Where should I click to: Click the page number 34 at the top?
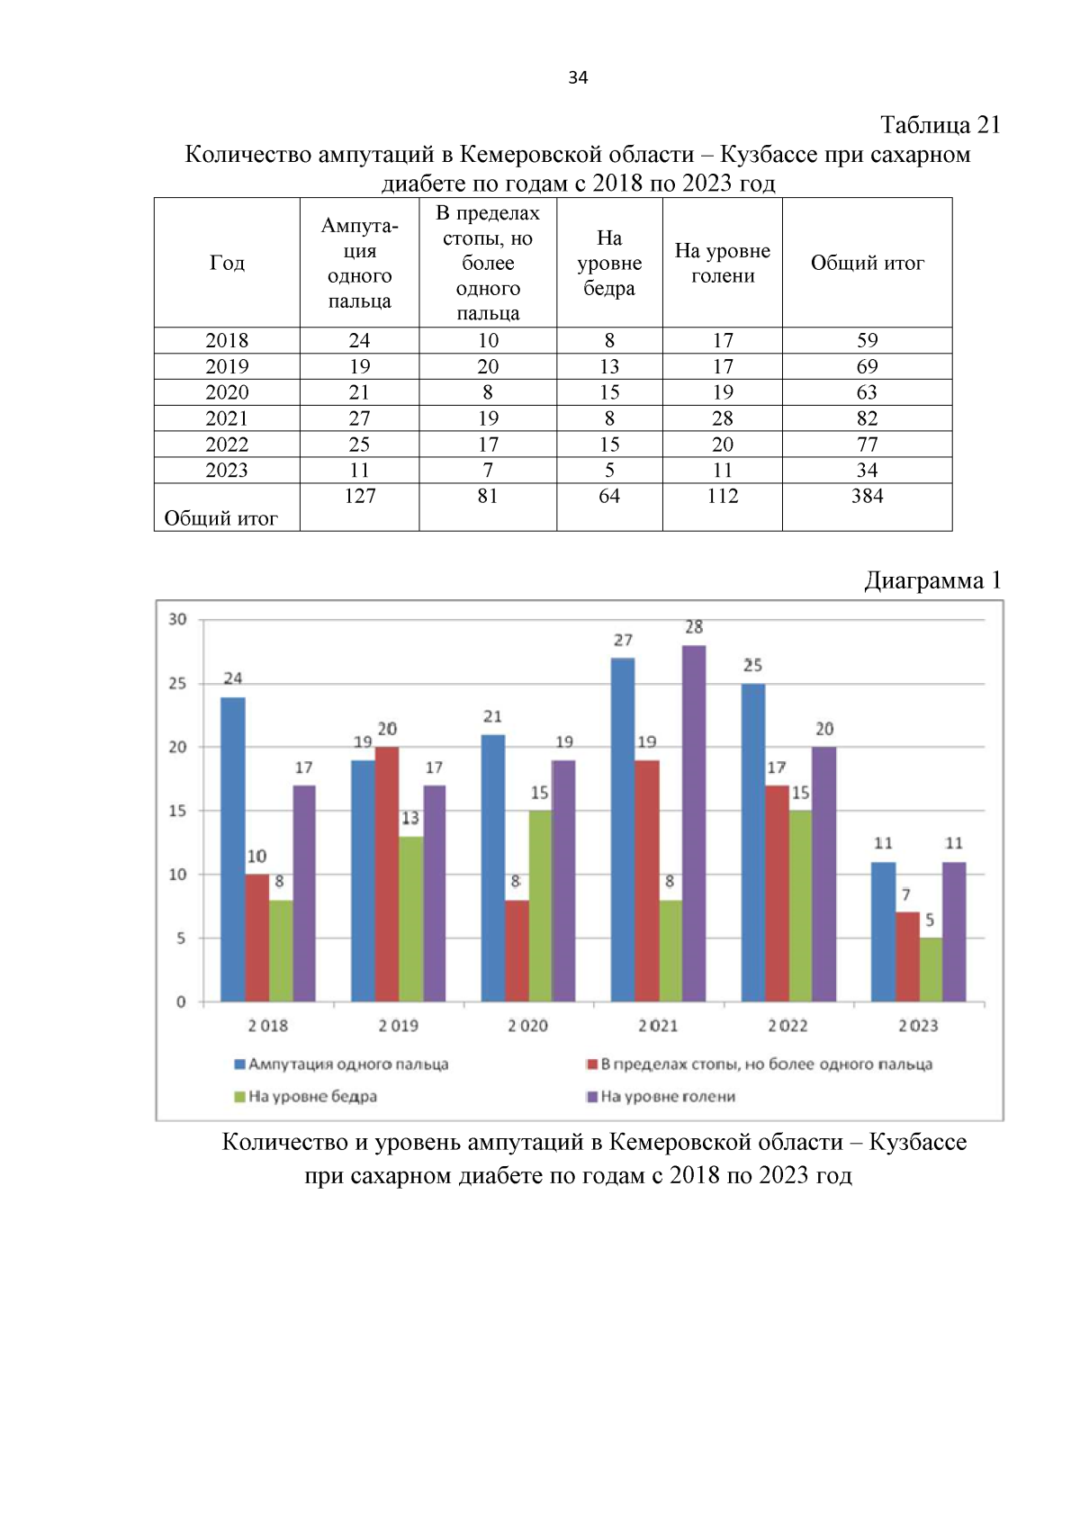point(578,77)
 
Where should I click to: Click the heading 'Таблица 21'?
point(940,124)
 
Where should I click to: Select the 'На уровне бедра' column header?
point(609,263)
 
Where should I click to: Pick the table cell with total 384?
point(867,497)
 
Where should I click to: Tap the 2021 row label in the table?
point(227,418)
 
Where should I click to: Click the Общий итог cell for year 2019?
point(867,366)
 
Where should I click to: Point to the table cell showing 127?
point(359,497)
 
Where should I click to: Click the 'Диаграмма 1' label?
point(932,580)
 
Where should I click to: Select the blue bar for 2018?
point(233,849)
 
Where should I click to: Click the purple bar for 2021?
point(694,823)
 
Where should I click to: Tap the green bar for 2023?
point(931,970)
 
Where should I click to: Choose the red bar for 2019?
point(387,874)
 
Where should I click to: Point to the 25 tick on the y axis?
point(178,684)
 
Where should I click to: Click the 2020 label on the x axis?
point(527,1026)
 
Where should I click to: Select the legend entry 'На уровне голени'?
point(667,1097)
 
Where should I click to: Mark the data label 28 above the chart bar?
point(694,627)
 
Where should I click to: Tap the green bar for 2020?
point(540,906)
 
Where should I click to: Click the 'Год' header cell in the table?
point(227,263)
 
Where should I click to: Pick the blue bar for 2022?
point(753,842)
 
